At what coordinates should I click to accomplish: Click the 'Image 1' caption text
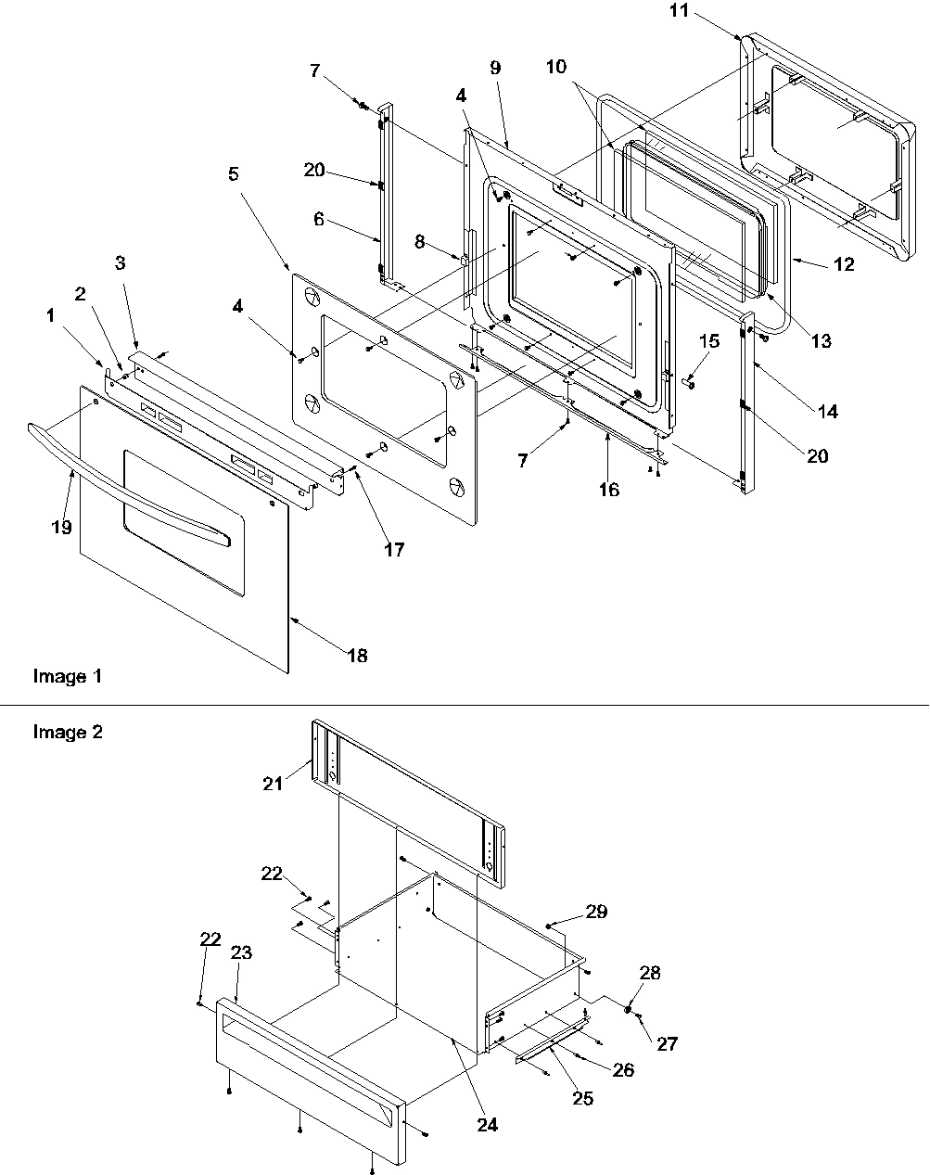67,677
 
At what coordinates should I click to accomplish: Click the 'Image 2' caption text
68,733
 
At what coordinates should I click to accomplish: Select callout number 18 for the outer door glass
357,656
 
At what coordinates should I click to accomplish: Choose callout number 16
608,490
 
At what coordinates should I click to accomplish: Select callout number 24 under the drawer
487,1125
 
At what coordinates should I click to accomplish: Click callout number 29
596,912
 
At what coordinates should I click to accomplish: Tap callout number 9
495,68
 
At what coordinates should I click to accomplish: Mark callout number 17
394,550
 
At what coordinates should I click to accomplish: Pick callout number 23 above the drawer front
241,952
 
